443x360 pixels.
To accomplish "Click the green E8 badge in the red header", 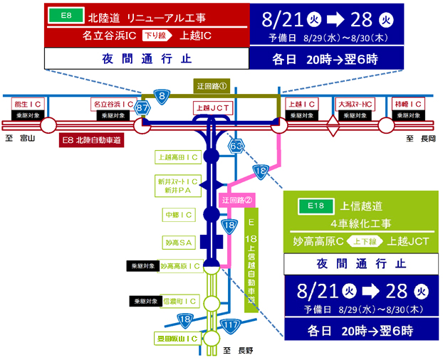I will click(67, 14).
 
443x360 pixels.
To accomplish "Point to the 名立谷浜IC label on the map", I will click(113, 105).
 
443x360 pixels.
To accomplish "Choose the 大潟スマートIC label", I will click(355, 104).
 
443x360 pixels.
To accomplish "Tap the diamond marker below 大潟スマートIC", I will click(332, 126).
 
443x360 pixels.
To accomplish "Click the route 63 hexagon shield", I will click(236, 147).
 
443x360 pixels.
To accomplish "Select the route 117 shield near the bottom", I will click(230, 325).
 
